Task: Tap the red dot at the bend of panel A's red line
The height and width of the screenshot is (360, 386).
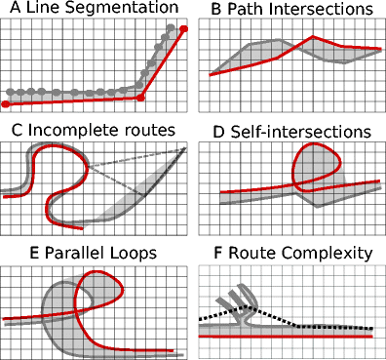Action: point(141,98)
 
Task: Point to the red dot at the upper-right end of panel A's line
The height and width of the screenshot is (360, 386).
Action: point(183,29)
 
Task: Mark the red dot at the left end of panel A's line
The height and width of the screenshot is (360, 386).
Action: point(6,103)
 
